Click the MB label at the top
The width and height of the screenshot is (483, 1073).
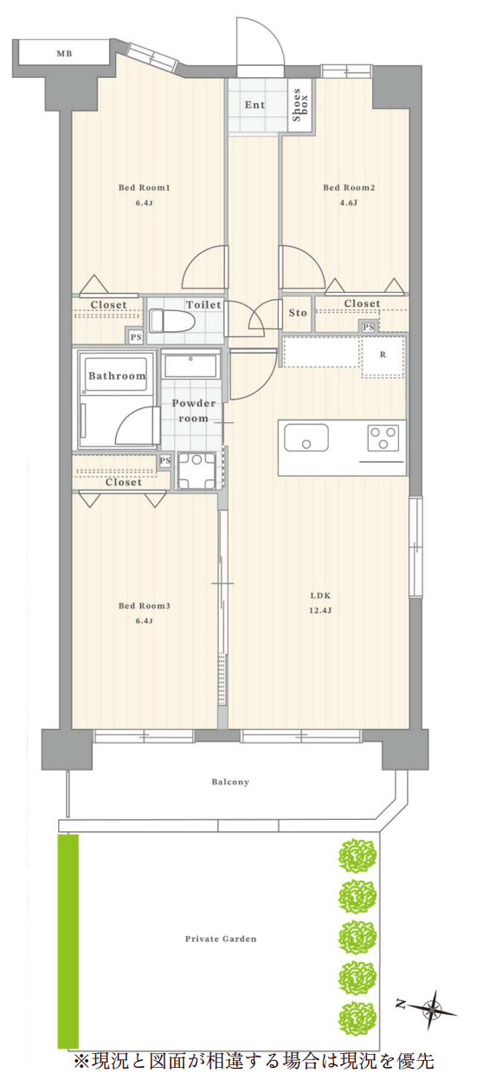[64, 54]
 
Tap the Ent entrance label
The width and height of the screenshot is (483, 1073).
[254, 105]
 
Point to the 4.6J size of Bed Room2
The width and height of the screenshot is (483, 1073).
[349, 203]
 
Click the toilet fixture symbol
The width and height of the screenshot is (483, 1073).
[171, 321]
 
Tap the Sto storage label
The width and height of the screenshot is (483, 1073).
[298, 313]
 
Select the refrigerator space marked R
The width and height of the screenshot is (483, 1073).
[383, 356]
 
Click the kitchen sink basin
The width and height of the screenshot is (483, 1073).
[306, 438]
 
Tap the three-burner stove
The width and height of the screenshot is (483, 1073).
[383, 438]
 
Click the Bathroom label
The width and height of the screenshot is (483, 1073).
[117, 375]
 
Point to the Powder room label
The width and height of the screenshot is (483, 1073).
[194, 411]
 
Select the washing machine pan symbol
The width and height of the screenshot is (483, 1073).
[196, 471]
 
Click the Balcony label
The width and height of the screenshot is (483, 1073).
[230, 783]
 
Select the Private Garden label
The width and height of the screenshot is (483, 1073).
[221, 939]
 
